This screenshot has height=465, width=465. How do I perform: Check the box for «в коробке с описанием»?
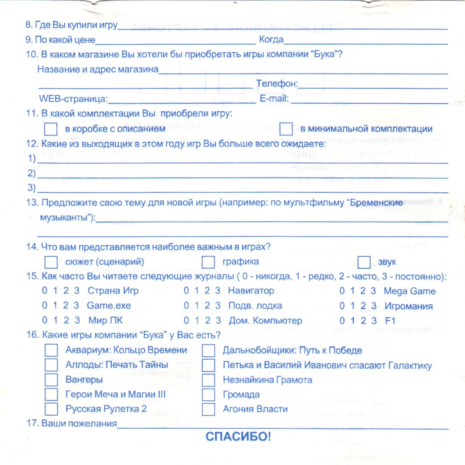pyautogui.click(x=50, y=129)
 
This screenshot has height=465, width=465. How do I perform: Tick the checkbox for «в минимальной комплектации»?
pyautogui.click(x=286, y=129)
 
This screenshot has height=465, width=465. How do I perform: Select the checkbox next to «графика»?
pyautogui.click(x=208, y=262)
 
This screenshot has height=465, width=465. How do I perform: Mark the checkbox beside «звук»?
pyautogui.click(x=364, y=262)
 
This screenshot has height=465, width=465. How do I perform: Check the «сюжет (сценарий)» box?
pyautogui.click(x=51, y=262)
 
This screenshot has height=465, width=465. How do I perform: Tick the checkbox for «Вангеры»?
pyautogui.click(x=51, y=380)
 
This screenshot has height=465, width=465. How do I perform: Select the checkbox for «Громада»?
pyautogui.click(x=208, y=394)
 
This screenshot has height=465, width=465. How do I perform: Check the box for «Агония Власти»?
pyautogui.click(x=208, y=409)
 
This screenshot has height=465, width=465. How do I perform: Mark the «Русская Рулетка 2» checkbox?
pyautogui.click(x=51, y=409)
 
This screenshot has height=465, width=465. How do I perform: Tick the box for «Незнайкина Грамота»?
pyautogui.click(x=208, y=380)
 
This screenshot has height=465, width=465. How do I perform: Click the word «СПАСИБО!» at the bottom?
pyautogui.click(x=238, y=437)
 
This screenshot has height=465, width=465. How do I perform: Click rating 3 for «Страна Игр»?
pyautogui.click(x=77, y=291)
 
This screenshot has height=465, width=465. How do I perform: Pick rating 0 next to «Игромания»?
pyautogui.click(x=342, y=306)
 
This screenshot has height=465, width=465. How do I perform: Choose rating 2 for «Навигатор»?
pyautogui.click(x=207, y=291)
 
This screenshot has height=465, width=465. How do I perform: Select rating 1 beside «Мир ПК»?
pyautogui.click(x=55, y=320)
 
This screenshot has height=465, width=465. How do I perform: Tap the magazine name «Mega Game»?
pyautogui.click(x=409, y=291)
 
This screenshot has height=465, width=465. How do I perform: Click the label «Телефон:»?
pyautogui.click(x=277, y=83)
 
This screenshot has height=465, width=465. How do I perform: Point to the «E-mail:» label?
pyautogui.click(x=274, y=98)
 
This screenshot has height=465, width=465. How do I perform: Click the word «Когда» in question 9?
pyautogui.click(x=271, y=39)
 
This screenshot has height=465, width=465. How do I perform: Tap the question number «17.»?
pyautogui.click(x=32, y=423)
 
